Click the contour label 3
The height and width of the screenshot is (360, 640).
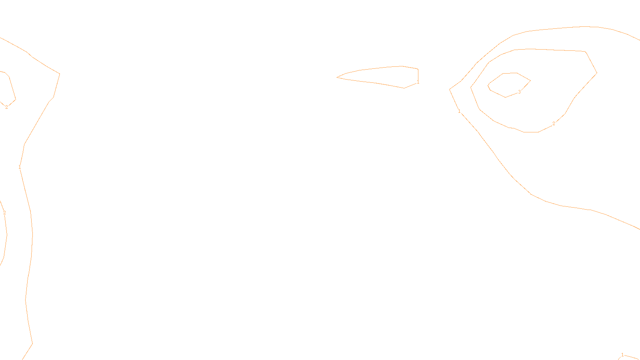coord(519,92)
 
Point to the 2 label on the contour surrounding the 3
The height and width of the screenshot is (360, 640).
coord(554,124)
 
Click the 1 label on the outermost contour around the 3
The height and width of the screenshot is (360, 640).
coord(459,111)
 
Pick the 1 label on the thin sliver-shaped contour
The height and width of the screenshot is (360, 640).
coord(418,82)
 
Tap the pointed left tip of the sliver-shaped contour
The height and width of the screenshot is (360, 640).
coord(337,77)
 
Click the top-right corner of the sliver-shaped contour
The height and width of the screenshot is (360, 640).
coord(418,69)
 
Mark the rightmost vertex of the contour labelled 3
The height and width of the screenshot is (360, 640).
coord(530,81)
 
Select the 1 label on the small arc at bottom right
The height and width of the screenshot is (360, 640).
coord(622,355)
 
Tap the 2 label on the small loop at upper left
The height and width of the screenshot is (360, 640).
coord(6,107)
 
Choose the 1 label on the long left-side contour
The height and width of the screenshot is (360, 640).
coord(20,167)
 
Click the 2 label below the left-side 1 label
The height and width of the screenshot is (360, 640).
coord(4,213)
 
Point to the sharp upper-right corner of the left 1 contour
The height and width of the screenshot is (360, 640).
coord(60,74)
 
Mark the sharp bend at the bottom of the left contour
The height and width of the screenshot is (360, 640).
coord(32,343)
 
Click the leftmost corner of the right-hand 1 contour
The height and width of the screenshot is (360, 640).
coord(450,90)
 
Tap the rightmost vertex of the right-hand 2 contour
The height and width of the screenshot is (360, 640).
coord(597,73)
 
